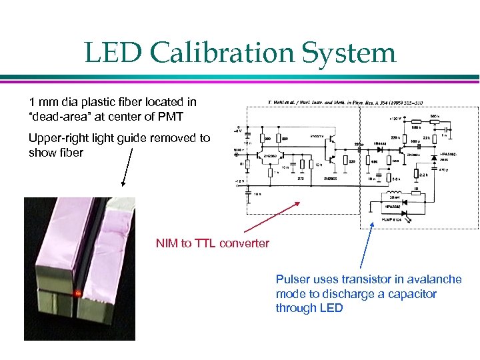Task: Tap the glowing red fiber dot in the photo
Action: tap(78, 293)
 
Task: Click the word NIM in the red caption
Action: tap(167, 243)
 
